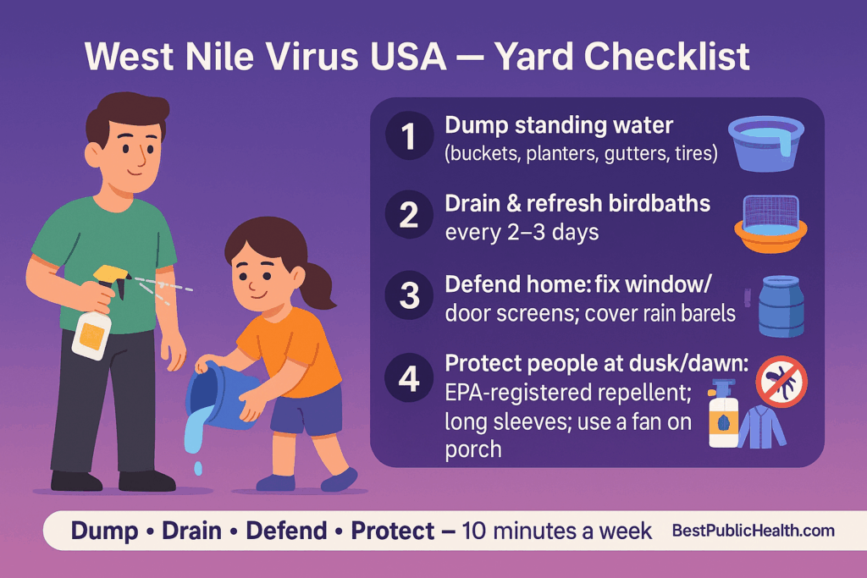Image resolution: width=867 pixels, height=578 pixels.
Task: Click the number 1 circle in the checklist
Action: tap(410, 138)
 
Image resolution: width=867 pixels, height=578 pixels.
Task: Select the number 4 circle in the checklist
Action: tap(410, 377)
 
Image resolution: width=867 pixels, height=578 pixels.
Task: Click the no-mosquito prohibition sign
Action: tap(781, 381)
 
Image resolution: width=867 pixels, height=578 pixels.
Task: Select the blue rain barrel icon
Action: tap(780, 307)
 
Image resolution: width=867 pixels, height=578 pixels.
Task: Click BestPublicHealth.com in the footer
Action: tap(753, 531)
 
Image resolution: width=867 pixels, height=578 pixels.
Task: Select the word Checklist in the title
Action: tap(655, 57)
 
